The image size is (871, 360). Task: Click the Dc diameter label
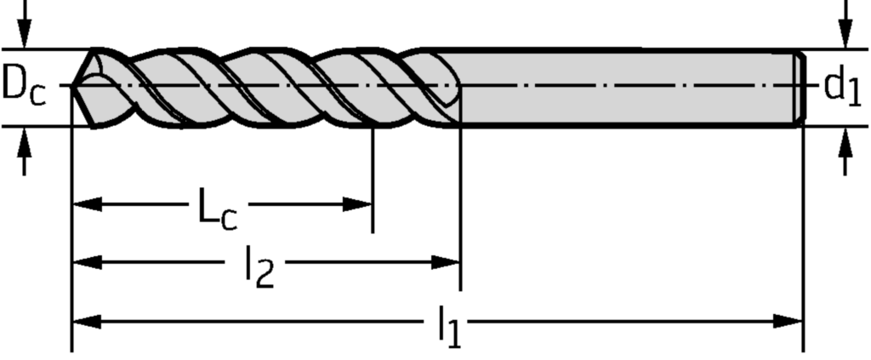pyautogui.click(x=24, y=86)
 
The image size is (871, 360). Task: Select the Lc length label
pyautogui.click(x=217, y=210)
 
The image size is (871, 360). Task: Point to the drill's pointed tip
pyautogui.click(x=74, y=86)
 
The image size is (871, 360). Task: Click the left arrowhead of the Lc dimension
pyautogui.click(x=85, y=204)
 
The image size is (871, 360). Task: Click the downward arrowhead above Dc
pyautogui.click(x=26, y=36)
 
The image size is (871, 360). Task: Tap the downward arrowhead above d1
pyautogui.click(x=845, y=36)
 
